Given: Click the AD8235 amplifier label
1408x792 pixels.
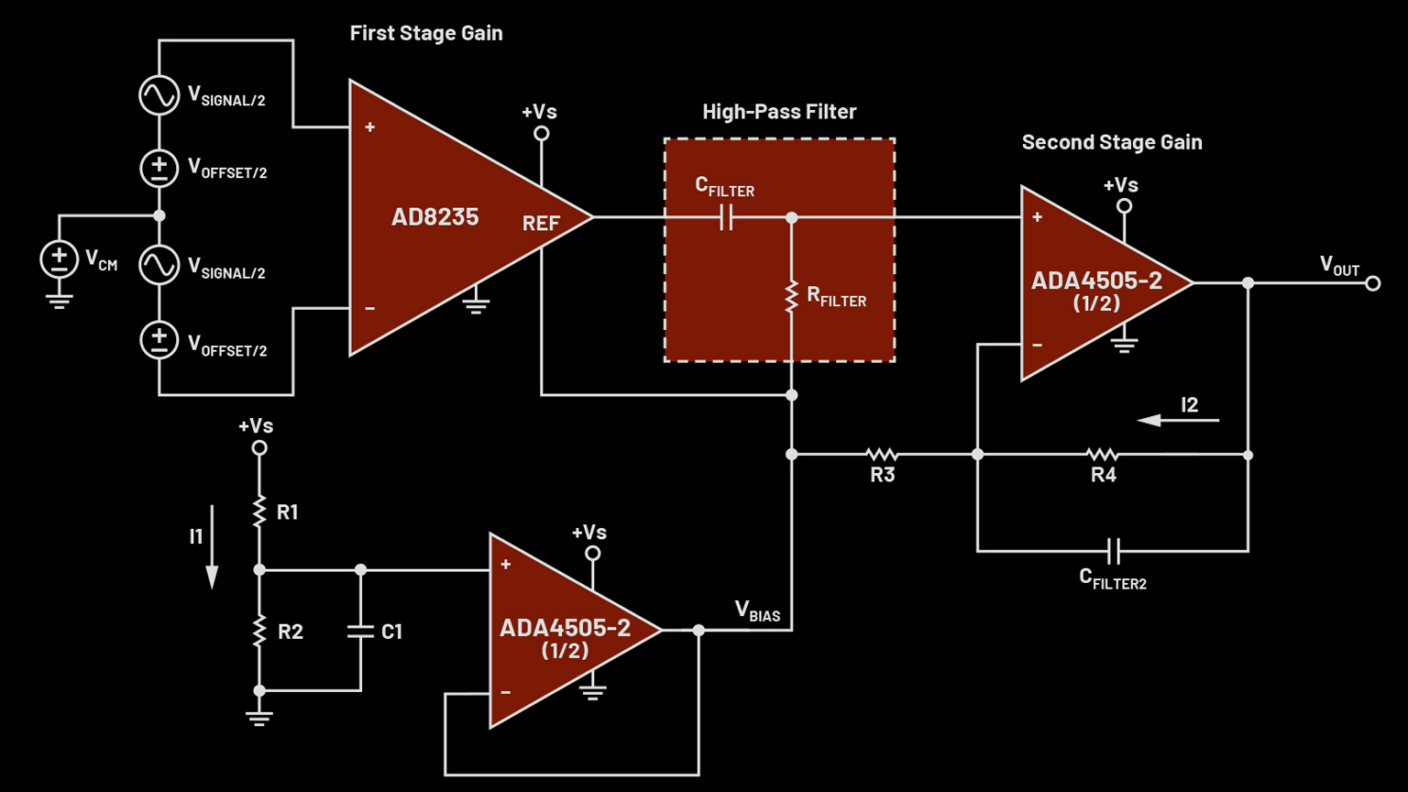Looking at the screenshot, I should pos(434,217).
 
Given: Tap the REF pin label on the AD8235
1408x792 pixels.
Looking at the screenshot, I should pos(541,224).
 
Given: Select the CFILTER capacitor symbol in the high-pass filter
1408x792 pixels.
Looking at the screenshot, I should pos(726,218).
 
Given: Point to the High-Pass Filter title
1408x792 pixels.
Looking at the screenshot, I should pos(779,112).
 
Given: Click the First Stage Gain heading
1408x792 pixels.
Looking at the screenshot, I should pos(426,33).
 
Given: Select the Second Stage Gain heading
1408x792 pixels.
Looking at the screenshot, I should pos(1112,142).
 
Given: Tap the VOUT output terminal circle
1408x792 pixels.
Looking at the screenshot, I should pos(1372,283).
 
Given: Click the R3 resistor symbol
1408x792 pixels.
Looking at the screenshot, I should pos(882,455).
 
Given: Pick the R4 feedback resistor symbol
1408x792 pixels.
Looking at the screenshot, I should pos(1102,455).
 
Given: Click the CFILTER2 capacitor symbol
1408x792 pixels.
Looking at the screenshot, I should pos(1113,551).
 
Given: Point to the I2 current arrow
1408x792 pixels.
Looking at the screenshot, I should pos(1178,420).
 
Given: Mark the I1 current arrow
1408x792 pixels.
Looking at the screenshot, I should pos(212,546).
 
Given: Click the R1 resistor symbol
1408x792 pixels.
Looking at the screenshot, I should pos(259,511).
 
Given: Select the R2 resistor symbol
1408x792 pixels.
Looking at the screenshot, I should pos(259,631).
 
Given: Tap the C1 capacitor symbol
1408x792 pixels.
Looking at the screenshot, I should pos(360,631).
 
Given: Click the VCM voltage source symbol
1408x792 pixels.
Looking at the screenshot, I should pos(60,259).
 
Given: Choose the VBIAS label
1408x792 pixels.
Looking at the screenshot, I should pos(757,611).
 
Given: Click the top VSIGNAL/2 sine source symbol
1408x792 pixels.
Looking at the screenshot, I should pos(159,95).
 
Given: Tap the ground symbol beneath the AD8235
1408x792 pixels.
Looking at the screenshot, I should pos(475,304).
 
